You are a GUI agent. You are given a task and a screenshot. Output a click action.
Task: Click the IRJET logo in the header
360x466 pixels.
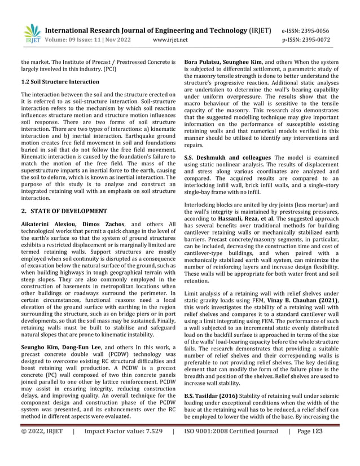[32, 34]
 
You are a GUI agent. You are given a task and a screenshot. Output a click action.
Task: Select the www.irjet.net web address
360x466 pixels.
[170, 41]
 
